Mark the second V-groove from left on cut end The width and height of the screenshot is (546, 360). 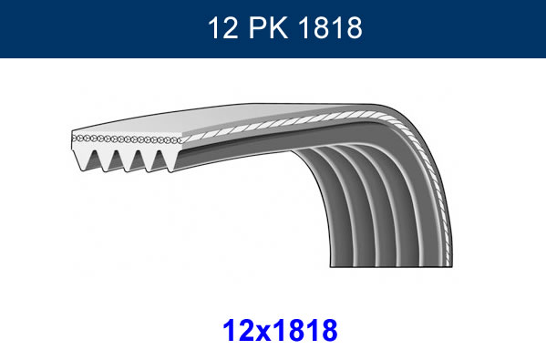(118, 160)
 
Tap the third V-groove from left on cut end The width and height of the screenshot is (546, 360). (141, 160)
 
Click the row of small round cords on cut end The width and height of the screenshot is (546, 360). (128, 139)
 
